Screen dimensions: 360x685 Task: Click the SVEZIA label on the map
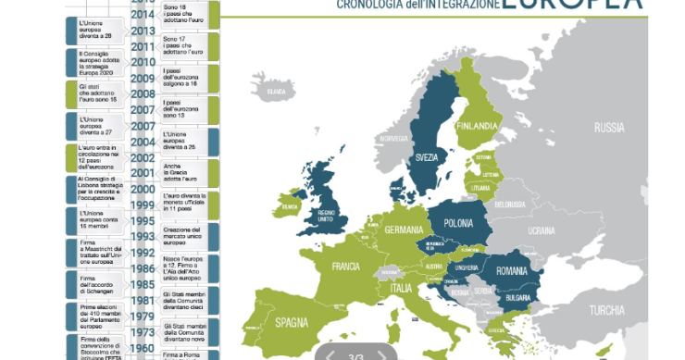[x=427, y=157]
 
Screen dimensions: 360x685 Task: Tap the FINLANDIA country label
[x=478, y=127]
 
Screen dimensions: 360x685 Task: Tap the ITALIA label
[x=401, y=289]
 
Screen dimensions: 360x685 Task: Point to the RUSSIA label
[x=609, y=127]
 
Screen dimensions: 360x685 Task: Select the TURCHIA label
[x=607, y=310]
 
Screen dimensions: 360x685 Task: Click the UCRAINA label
[x=541, y=229]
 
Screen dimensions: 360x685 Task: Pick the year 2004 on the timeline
[x=143, y=142]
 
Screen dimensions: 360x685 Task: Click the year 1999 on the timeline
[x=143, y=205]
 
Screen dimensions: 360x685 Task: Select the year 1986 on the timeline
[x=143, y=268]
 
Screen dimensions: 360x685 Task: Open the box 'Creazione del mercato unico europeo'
[x=188, y=235]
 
